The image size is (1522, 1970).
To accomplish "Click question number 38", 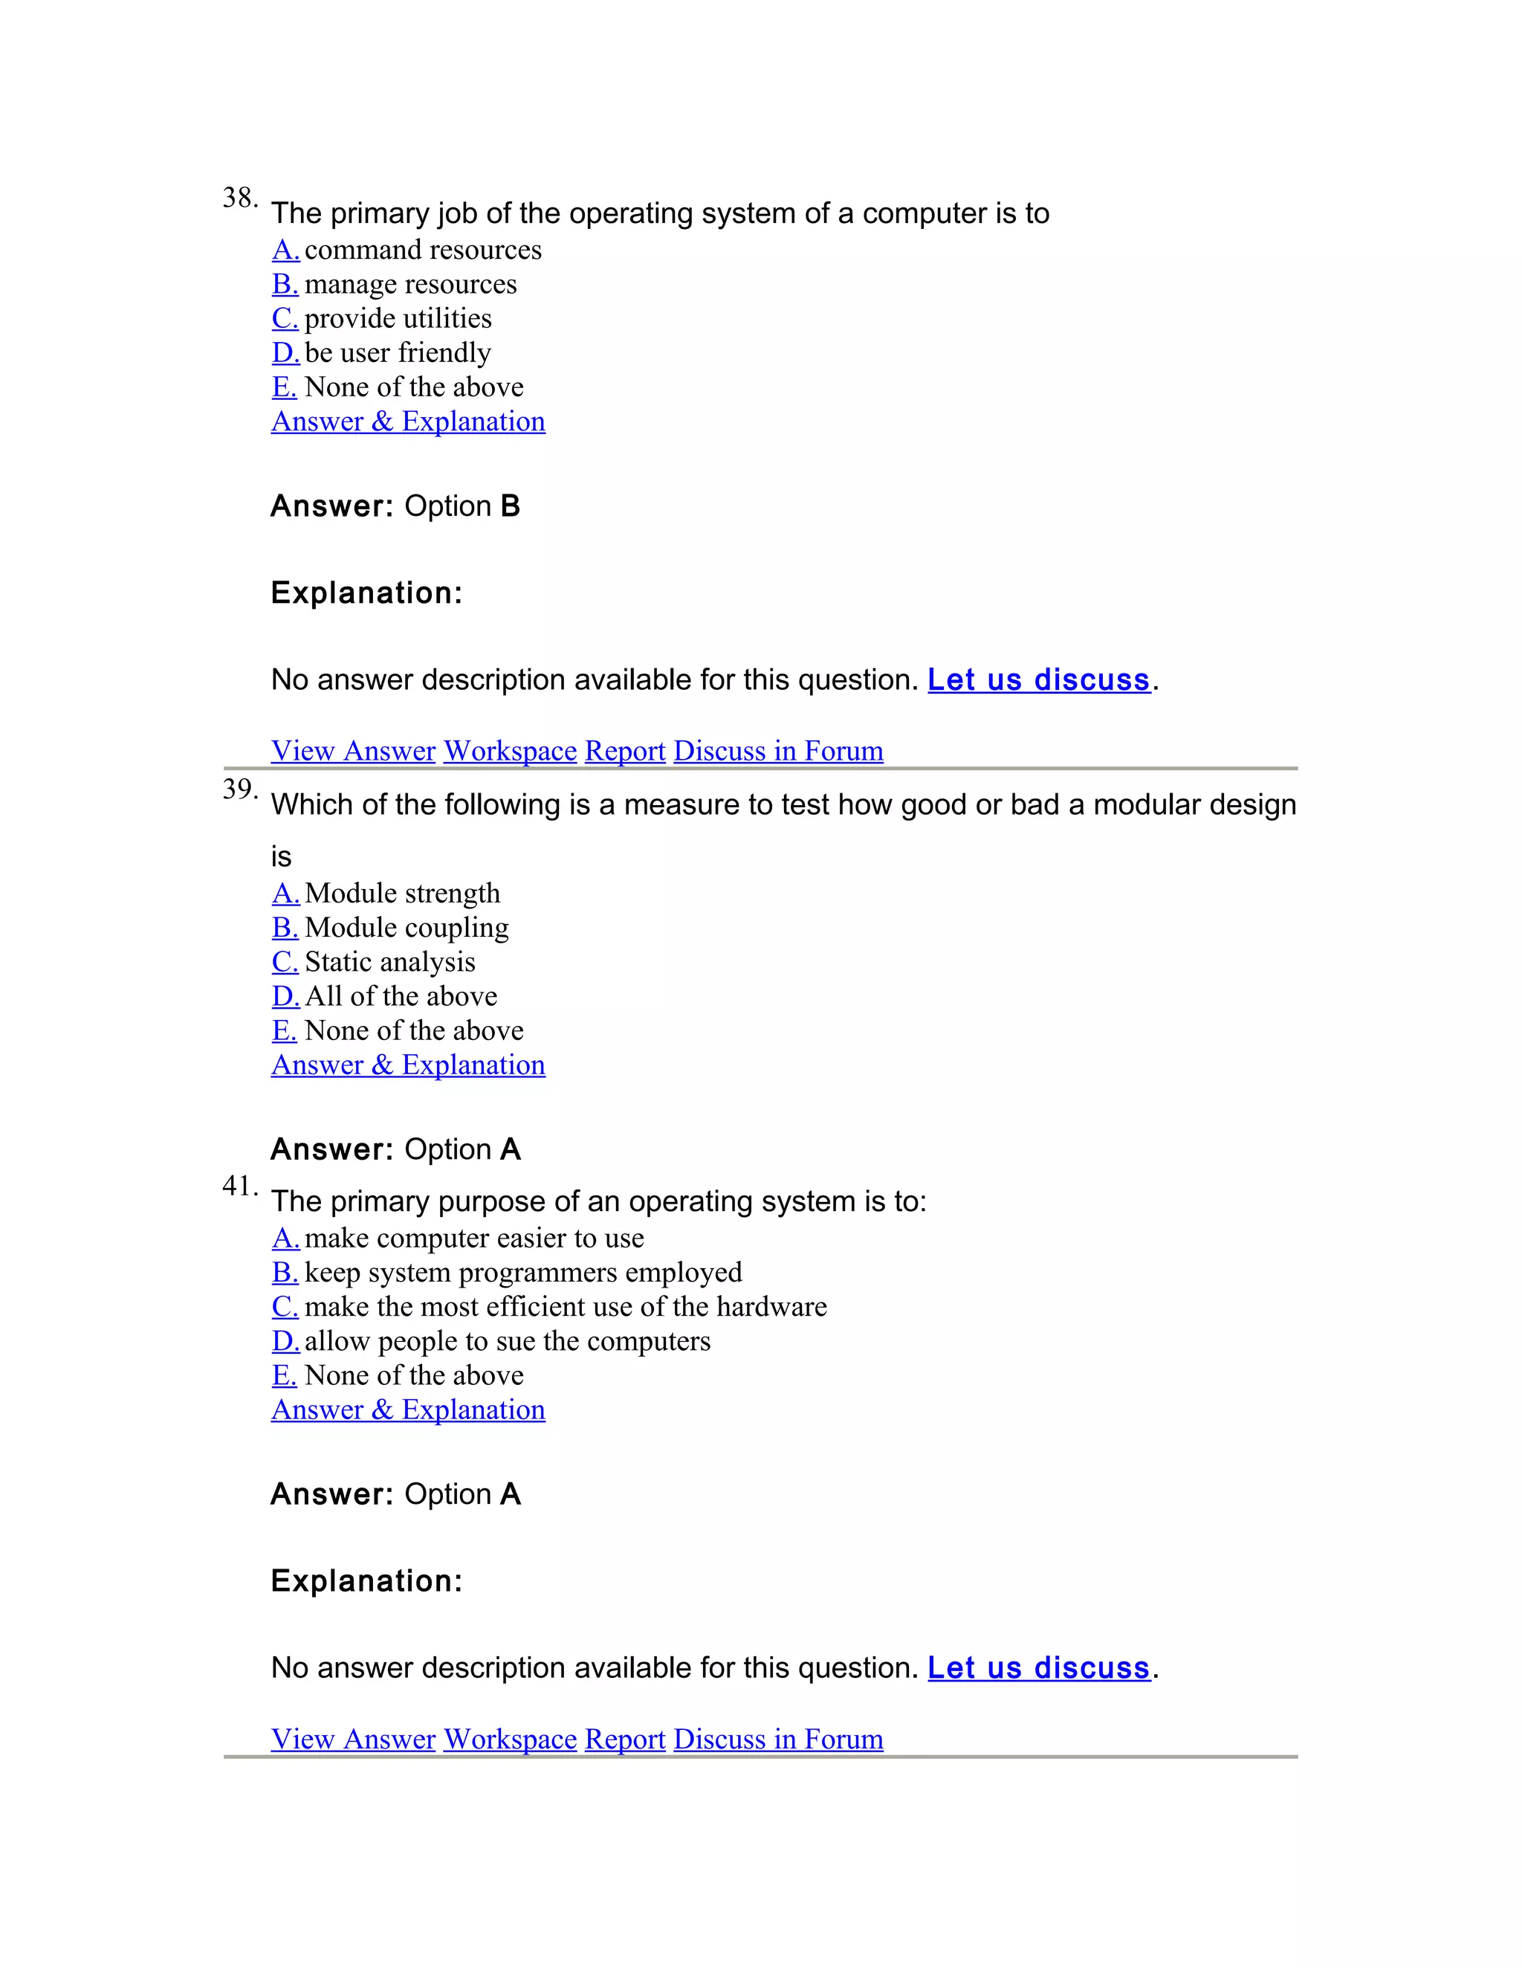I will coord(239,198).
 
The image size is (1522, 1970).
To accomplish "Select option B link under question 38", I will coord(285,284).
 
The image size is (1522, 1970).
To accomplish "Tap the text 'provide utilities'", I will coord(398,318).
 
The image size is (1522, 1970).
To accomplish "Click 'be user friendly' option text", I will coord(398,352).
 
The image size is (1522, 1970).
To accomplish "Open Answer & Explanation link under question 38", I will coord(407,422).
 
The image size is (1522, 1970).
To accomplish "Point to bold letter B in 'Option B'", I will coord(511,506).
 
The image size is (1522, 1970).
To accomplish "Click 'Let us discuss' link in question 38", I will coord(1039,679).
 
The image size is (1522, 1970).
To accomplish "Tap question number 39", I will coord(239,789).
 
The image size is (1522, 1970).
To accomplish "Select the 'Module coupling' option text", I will coord(407,927).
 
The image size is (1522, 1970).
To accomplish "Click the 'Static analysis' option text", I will coord(389,961).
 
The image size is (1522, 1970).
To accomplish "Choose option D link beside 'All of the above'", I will coord(285,996).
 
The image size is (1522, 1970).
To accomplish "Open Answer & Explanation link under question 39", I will coord(407,1065).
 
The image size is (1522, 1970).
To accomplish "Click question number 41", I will coord(239,1186).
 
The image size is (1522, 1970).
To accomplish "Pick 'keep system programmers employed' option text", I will coord(523,1272).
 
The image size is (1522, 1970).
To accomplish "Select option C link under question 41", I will coord(285,1306).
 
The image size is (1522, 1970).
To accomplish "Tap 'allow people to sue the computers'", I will coord(508,1340).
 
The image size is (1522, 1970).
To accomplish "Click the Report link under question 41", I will coord(625,1738).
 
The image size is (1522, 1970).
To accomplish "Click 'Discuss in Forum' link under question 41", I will coord(778,1738).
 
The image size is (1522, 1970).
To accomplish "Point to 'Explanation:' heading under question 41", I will coord(366,1580).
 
